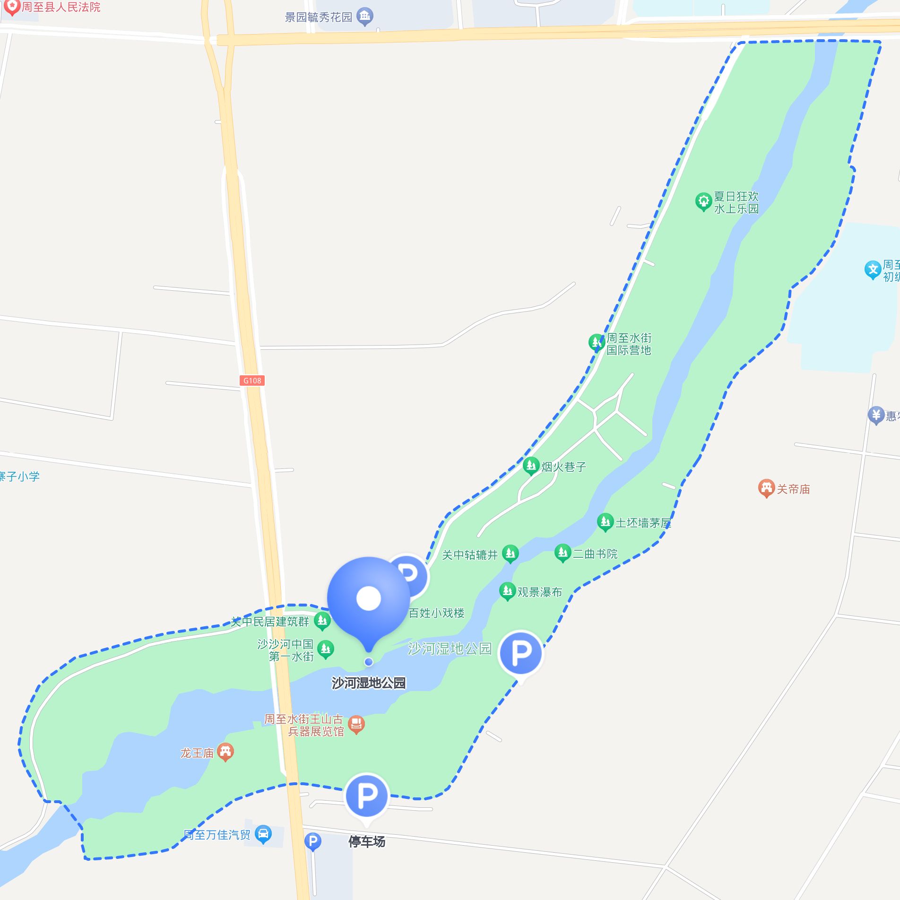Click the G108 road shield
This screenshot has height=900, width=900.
(x=252, y=381)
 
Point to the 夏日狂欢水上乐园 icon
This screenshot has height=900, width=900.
(x=703, y=201)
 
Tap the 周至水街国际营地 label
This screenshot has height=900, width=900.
(x=629, y=344)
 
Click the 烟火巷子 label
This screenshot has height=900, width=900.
(x=563, y=467)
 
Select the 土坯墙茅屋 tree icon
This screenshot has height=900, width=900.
(x=605, y=522)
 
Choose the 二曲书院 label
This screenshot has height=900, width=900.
(x=595, y=554)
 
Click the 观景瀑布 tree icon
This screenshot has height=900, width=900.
(x=507, y=591)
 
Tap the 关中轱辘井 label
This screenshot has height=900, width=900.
(x=470, y=555)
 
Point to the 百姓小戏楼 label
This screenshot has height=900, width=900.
(x=436, y=613)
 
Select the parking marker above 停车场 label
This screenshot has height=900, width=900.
(x=367, y=796)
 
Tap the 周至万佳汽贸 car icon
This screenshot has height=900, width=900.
(x=263, y=834)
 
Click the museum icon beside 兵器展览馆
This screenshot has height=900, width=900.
(x=356, y=725)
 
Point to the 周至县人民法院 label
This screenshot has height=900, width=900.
(x=61, y=7)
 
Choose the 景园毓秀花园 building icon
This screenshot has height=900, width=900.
(x=364, y=17)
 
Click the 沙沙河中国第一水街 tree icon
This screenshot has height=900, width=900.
(x=325, y=649)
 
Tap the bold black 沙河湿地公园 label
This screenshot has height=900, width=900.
(x=368, y=683)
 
